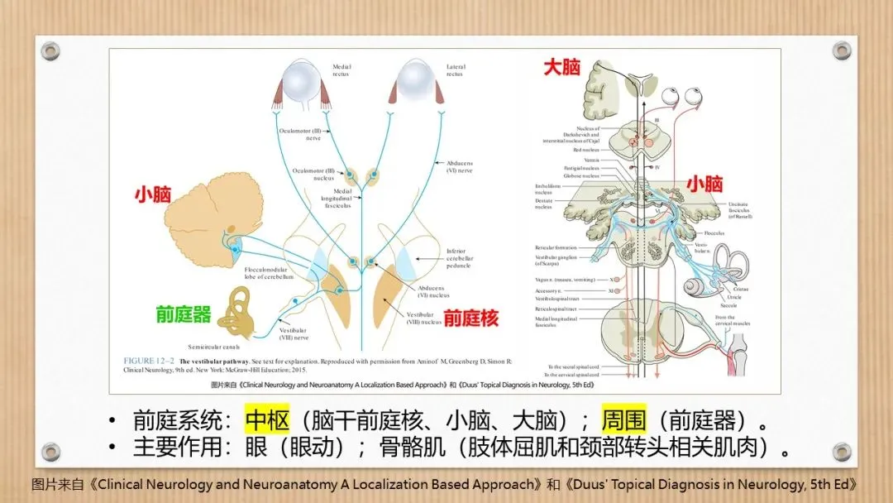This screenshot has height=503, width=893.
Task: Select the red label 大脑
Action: [561, 68]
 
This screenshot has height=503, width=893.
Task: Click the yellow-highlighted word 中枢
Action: [268, 420]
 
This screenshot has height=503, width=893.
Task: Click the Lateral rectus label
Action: [456, 70]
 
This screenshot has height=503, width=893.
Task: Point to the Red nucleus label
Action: [587, 150]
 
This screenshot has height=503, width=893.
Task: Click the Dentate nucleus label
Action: [543, 204]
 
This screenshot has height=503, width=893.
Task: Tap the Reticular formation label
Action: [556, 247]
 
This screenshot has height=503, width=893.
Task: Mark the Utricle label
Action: [734, 297]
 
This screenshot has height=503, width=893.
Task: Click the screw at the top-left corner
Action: [50, 51]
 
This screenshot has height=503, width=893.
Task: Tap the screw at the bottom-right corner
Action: [842, 452]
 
